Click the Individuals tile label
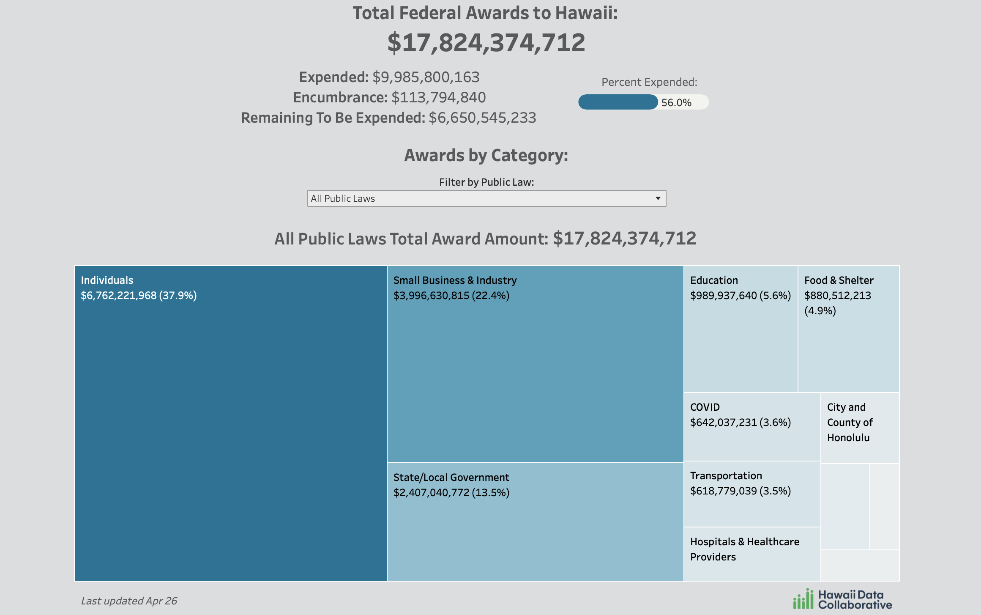tap(107, 280)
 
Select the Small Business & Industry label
tap(455, 280)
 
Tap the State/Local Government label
tap(451, 477)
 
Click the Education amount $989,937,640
tap(723, 295)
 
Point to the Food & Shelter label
tap(839, 280)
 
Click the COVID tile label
tap(705, 407)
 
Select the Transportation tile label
tap(726, 475)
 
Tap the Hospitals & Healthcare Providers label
tap(744, 549)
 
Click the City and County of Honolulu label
tap(850, 422)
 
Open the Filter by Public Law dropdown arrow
tap(658, 198)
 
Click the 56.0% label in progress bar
tap(676, 102)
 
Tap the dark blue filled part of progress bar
tap(618, 102)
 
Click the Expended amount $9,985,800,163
tap(426, 77)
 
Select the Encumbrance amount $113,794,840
tap(438, 97)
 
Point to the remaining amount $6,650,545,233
tap(482, 118)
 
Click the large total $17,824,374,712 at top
tap(486, 42)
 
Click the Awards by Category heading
tap(486, 155)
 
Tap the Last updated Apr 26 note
tap(129, 601)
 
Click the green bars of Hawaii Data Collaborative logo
tap(803, 599)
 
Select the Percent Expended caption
tap(649, 82)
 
